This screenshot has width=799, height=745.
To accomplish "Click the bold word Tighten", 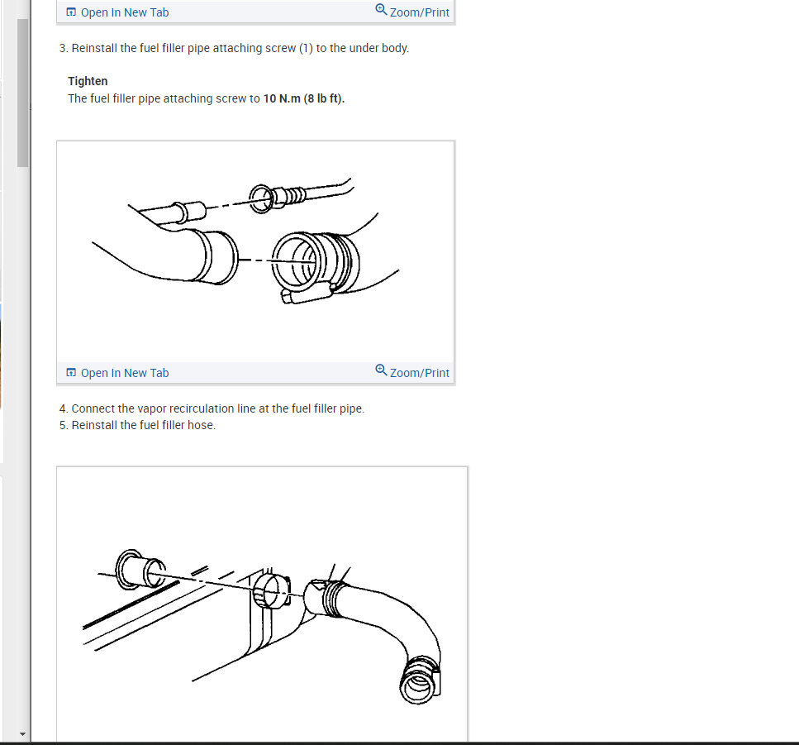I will point(88,81).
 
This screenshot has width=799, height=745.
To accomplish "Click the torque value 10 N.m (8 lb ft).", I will point(304,98).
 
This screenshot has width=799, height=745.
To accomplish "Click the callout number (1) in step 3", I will point(305,48).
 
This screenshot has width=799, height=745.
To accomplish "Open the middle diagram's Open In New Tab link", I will point(124,373).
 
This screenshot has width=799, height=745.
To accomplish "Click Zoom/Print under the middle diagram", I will point(419,373).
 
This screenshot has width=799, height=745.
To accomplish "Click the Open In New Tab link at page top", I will point(124,12).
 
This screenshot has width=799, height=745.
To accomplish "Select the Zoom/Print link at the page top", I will point(419,12).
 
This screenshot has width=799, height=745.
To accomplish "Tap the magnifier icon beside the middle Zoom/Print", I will point(381,370).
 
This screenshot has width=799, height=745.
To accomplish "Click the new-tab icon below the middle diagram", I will point(71,373).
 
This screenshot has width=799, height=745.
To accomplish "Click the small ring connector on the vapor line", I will point(260,197).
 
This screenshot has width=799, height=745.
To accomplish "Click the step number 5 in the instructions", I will point(63,425).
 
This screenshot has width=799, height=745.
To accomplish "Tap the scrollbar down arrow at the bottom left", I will point(23,734).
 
